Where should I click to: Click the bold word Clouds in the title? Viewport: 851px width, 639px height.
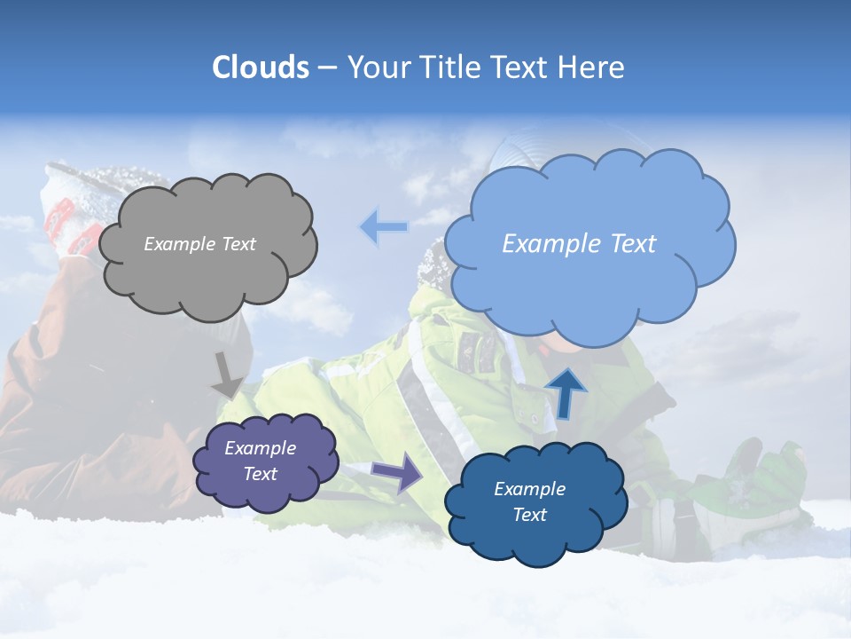[x=260, y=67]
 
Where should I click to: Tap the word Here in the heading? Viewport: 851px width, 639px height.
[x=592, y=67]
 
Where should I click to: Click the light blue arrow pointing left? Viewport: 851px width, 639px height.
[x=383, y=227]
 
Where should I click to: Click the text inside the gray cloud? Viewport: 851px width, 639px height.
[x=199, y=244]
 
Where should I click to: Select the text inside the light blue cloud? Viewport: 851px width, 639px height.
[x=579, y=244]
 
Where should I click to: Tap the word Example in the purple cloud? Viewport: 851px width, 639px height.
[x=260, y=448]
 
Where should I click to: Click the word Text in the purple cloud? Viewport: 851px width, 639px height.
[x=260, y=474]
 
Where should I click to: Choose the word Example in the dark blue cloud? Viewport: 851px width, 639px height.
[x=529, y=489]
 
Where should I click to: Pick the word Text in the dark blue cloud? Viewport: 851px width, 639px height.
[x=529, y=515]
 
